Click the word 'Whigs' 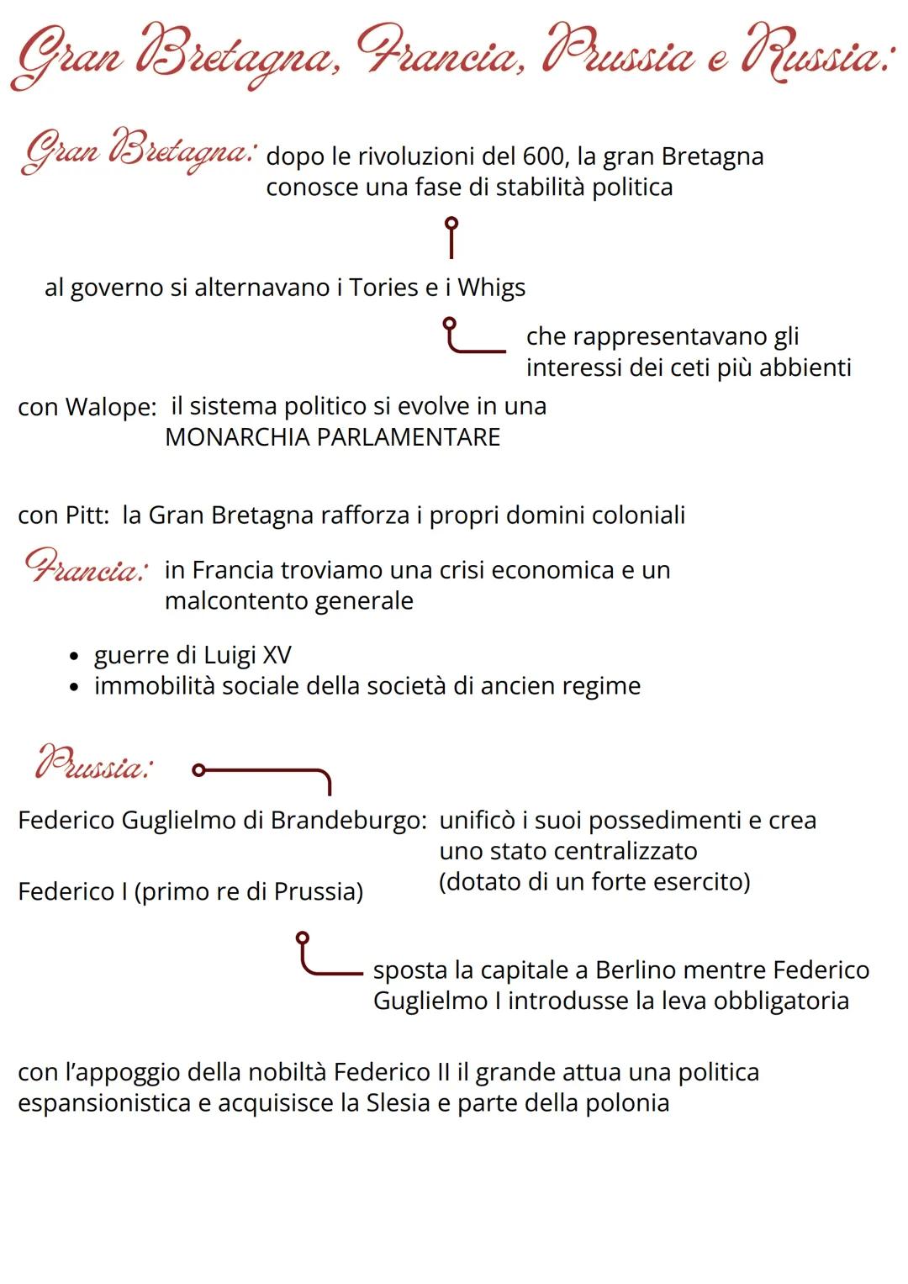pos(492,288)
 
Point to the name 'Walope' pos(110,407)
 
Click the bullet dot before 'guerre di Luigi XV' pos(76,656)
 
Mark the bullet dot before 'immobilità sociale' pos(76,687)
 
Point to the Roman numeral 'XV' pos(277,655)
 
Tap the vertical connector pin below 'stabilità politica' pos(451,237)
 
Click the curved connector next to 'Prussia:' pos(262,774)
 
